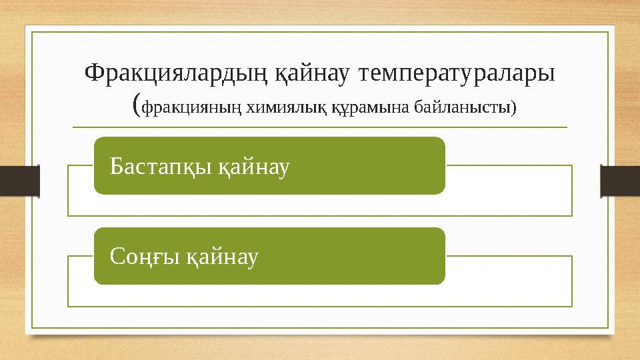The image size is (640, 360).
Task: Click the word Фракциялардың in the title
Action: pos(175,73)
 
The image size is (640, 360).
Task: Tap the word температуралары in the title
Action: pos(457,73)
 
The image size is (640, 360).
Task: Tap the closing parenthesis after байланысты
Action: pos(513,107)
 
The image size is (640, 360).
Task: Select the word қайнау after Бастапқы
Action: pos(253,166)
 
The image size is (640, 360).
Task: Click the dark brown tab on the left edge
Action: pos(19,181)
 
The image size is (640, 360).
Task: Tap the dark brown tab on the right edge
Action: pos(620,181)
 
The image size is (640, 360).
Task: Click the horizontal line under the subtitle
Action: pos(320,127)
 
